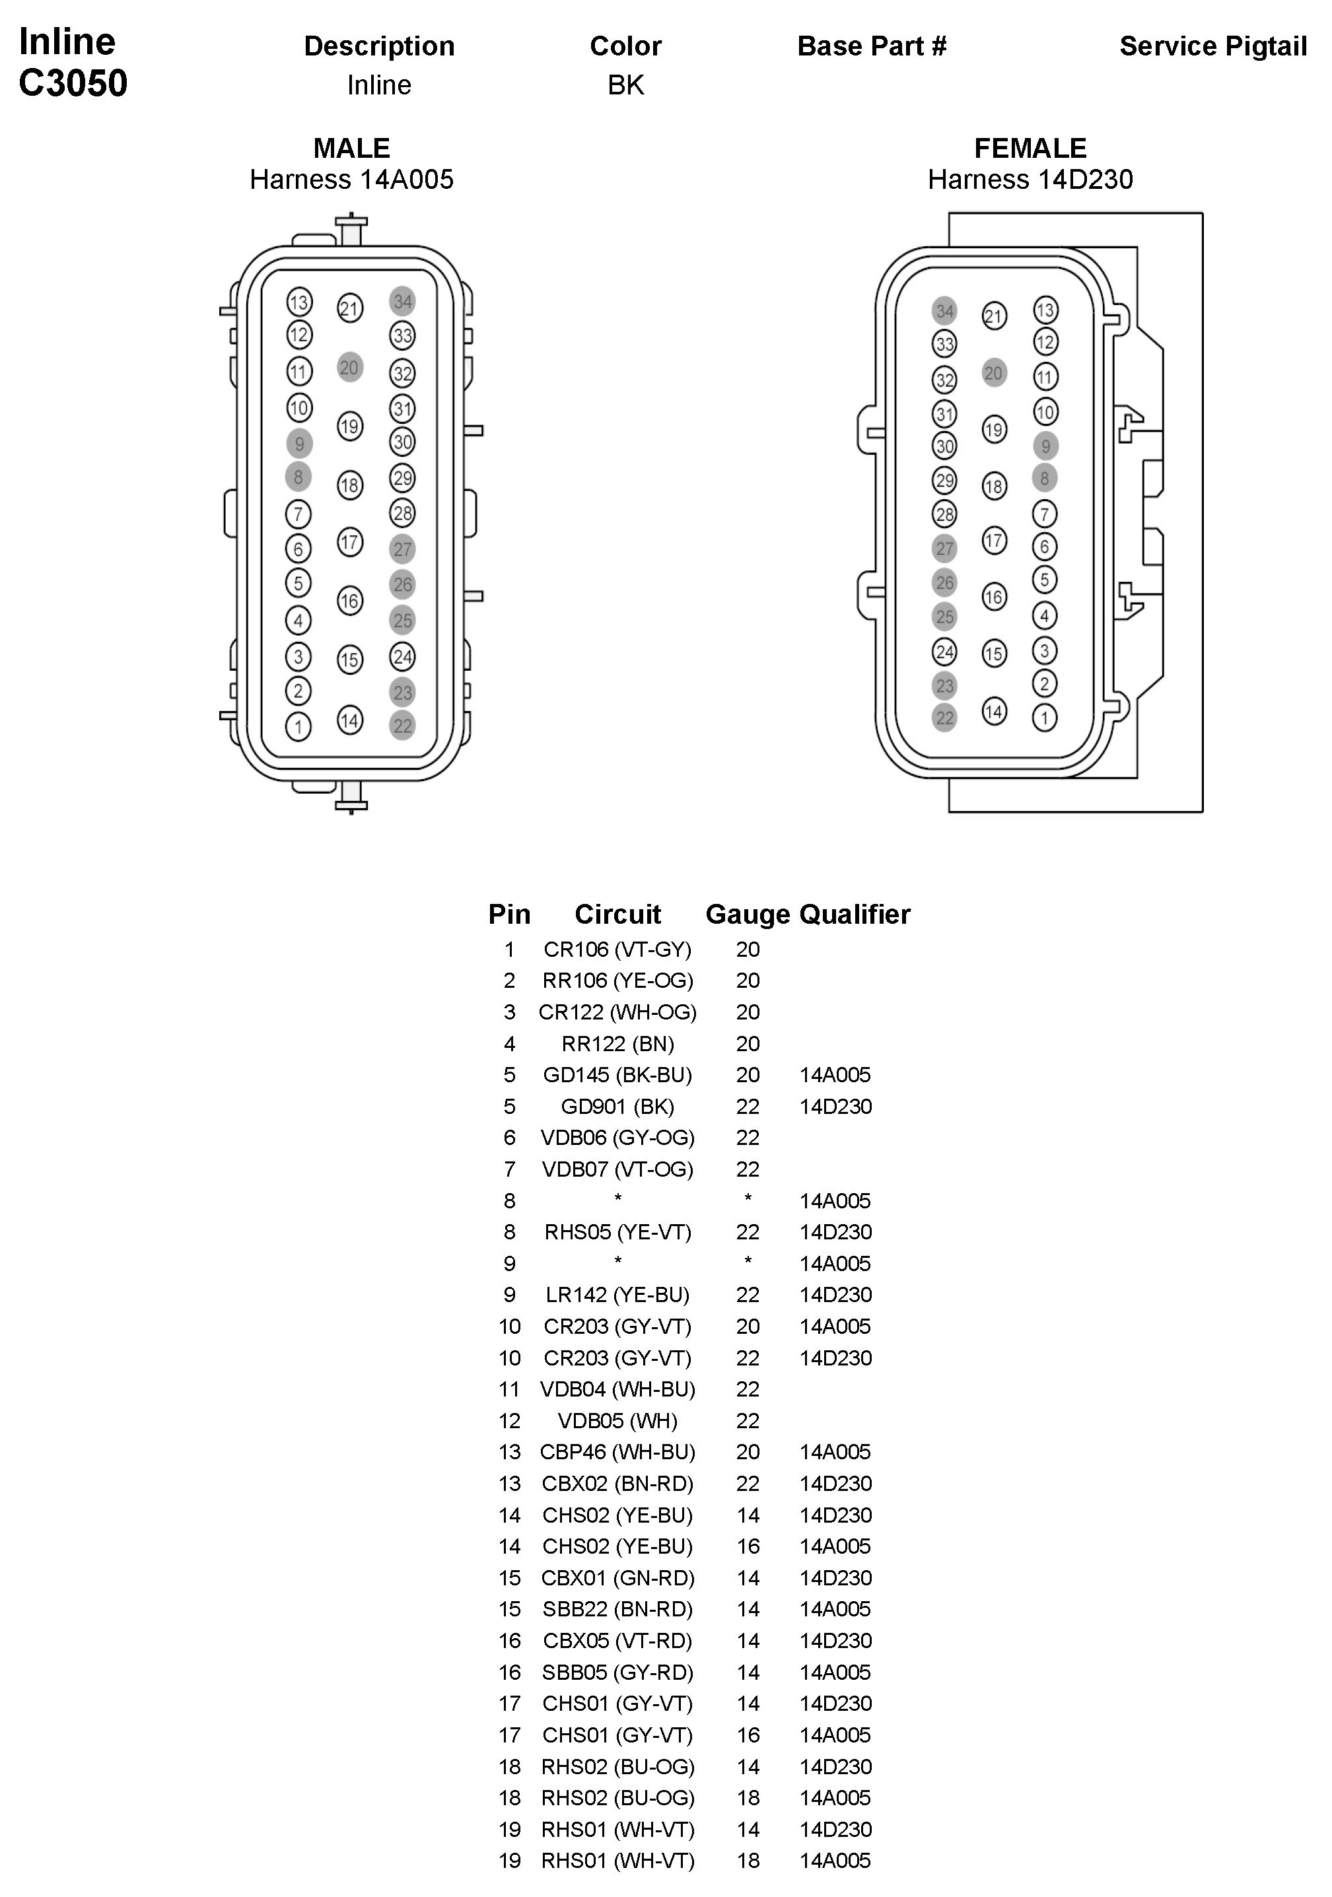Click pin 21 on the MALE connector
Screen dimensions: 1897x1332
pyautogui.click(x=349, y=308)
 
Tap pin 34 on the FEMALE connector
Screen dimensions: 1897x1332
pyautogui.click(x=944, y=310)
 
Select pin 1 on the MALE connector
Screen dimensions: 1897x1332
pyautogui.click(x=298, y=726)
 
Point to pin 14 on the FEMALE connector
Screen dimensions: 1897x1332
pyautogui.click(x=994, y=711)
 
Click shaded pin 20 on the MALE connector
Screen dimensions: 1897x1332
pyautogui.click(x=349, y=368)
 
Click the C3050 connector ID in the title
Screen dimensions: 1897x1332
pyautogui.click(x=73, y=83)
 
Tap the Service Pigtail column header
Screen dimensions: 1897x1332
pyautogui.click(x=1212, y=46)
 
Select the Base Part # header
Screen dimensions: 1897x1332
pyautogui.click(x=872, y=46)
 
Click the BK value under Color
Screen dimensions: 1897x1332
pyautogui.click(x=625, y=85)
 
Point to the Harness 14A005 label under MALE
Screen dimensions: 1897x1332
pyautogui.click(x=352, y=180)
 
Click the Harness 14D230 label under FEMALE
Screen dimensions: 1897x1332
pyautogui.click(x=1030, y=180)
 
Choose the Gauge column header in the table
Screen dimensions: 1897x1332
pyautogui.click(x=747, y=914)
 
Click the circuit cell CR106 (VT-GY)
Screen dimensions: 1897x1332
pyautogui.click(x=617, y=949)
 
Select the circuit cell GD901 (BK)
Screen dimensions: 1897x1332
pyautogui.click(x=617, y=1106)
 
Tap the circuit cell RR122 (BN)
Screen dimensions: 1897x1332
pyautogui.click(x=617, y=1043)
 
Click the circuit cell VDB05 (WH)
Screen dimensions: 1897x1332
pyautogui.click(x=617, y=1420)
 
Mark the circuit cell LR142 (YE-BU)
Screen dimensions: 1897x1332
pyautogui.click(x=617, y=1295)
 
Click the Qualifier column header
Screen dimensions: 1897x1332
pyautogui.click(x=855, y=914)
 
